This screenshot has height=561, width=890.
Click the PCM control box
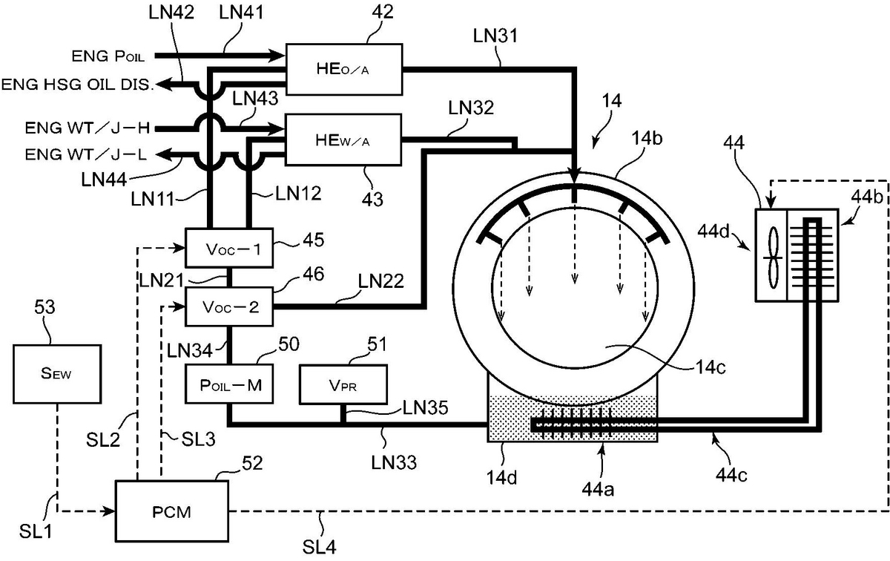click(x=172, y=511)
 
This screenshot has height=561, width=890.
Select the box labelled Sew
click(x=57, y=374)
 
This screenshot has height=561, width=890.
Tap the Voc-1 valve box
click(x=229, y=248)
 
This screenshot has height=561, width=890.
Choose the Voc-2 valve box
click(x=229, y=307)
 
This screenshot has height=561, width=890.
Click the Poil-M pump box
click(x=229, y=384)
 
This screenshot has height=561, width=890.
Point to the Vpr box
click(x=343, y=384)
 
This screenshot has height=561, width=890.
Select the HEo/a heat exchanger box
click(x=344, y=69)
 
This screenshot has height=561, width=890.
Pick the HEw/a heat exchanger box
click(x=343, y=140)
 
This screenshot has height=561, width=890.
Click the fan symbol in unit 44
click(x=773, y=257)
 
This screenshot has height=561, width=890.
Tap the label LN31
click(x=495, y=36)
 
